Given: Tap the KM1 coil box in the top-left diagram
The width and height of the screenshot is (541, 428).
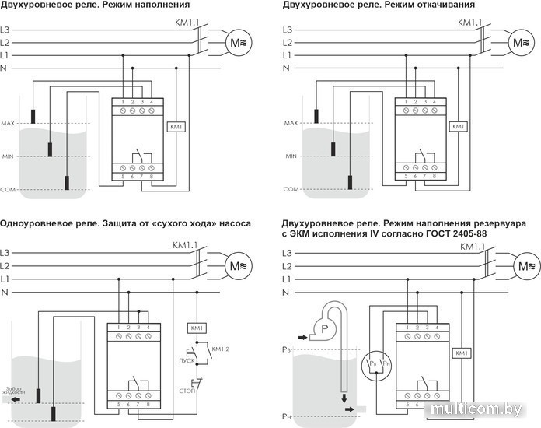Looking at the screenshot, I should [x=175, y=125].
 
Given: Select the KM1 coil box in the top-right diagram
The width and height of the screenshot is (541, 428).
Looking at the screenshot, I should [x=458, y=125].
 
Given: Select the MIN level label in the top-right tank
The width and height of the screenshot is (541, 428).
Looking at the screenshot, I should [x=291, y=156].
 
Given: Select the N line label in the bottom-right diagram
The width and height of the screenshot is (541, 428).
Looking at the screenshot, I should [x=286, y=291].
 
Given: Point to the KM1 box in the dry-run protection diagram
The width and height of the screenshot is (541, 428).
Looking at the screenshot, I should [x=197, y=328].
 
